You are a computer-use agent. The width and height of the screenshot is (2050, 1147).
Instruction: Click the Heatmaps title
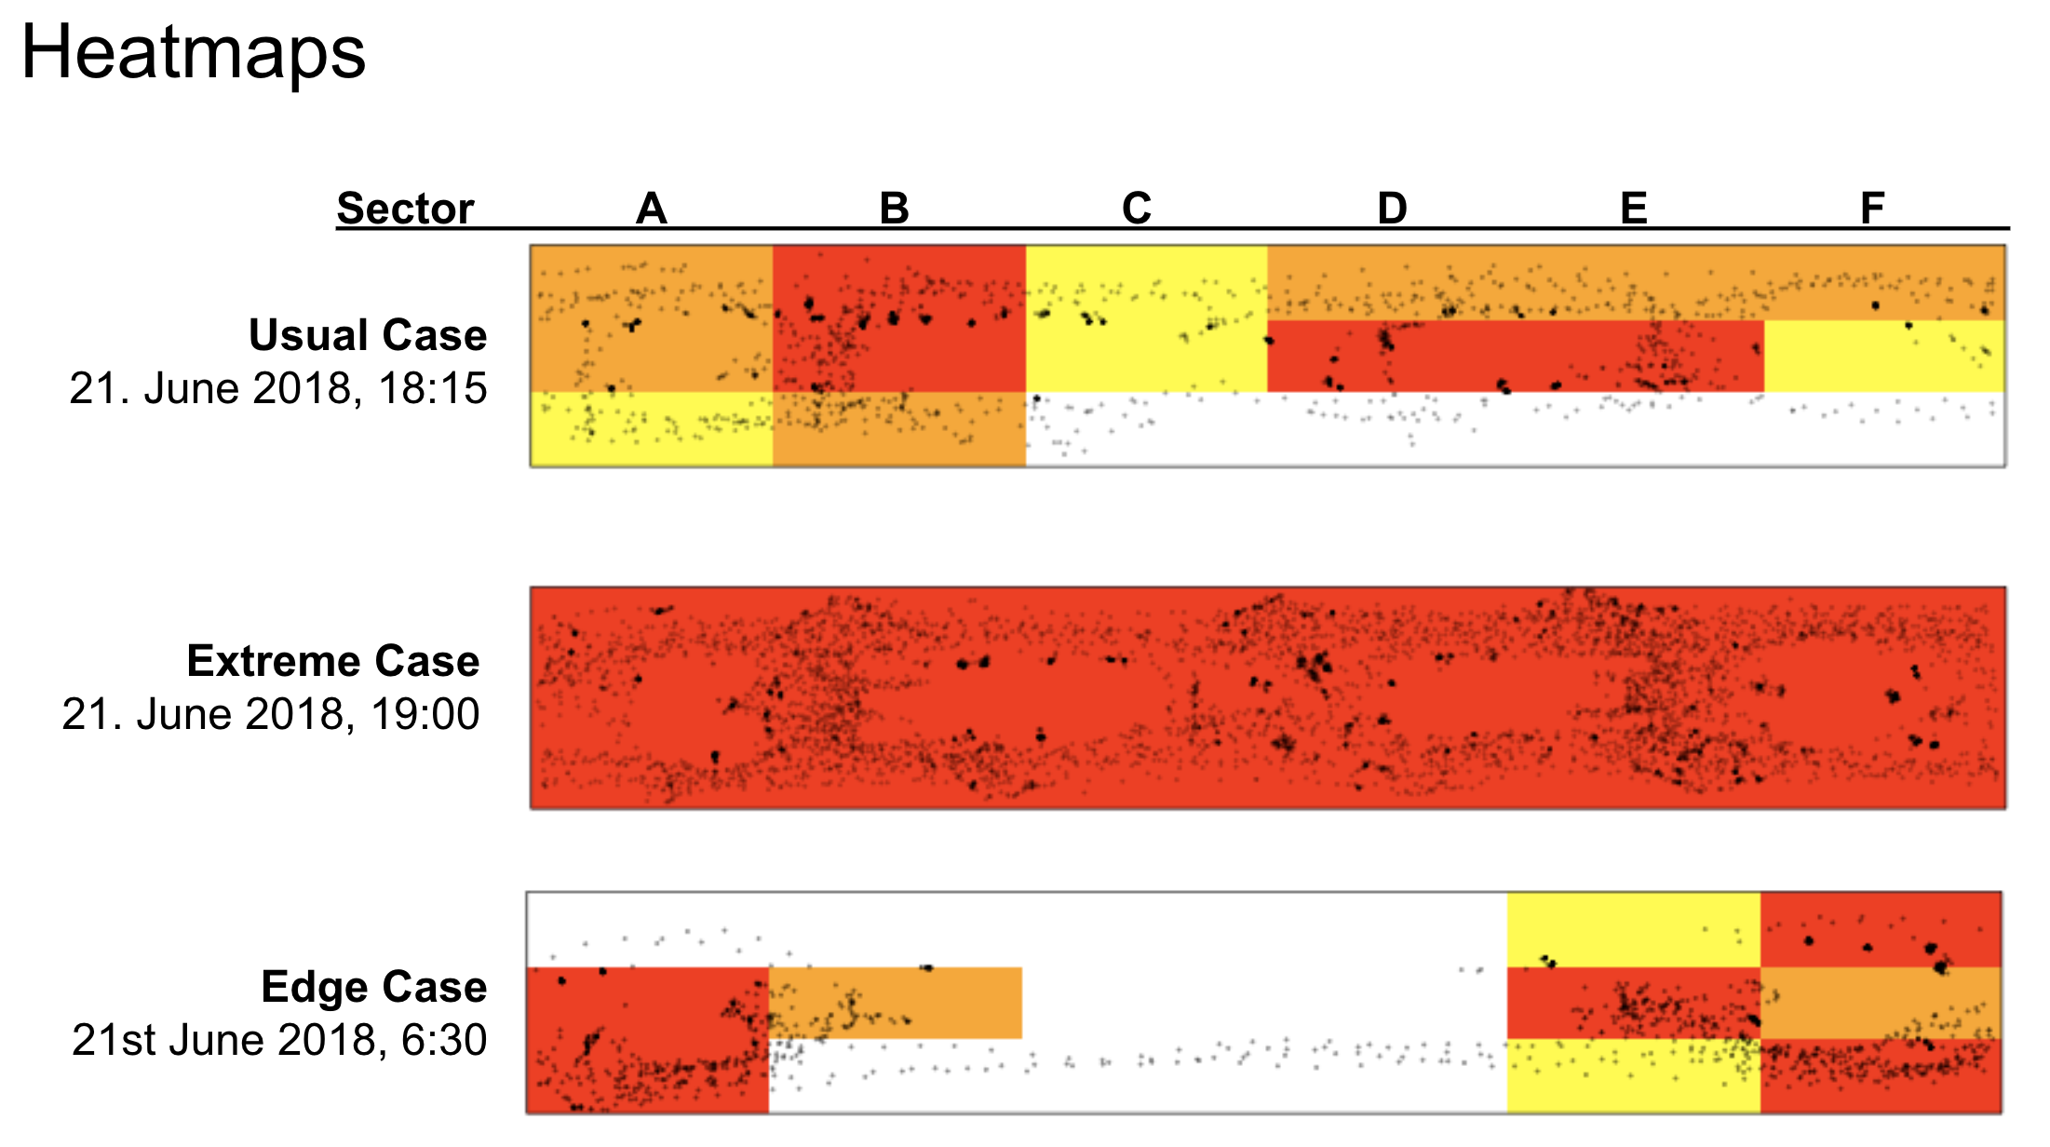[194, 52]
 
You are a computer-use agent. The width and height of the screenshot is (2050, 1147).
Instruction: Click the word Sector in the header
[405, 208]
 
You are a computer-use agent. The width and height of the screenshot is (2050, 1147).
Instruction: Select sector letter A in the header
[652, 208]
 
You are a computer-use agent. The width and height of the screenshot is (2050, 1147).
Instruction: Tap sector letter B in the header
[894, 208]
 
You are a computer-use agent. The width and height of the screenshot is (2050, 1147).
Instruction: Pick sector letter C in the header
[1137, 208]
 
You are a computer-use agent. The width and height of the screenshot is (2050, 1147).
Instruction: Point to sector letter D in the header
[1392, 208]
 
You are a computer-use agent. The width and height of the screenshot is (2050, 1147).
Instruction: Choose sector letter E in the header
[1634, 208]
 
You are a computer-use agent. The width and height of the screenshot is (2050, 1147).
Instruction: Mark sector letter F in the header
[1872, 208]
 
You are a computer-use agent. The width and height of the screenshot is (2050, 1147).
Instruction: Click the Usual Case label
[368, 335]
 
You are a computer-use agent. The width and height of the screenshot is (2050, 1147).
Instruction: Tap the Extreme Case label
[333, 661]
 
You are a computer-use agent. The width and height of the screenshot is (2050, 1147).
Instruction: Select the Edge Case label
[373, 987]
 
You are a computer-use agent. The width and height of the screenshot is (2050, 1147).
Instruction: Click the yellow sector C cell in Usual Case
[1146, 354]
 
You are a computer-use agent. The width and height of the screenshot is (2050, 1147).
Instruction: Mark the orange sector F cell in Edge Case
[1881, 1003]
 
